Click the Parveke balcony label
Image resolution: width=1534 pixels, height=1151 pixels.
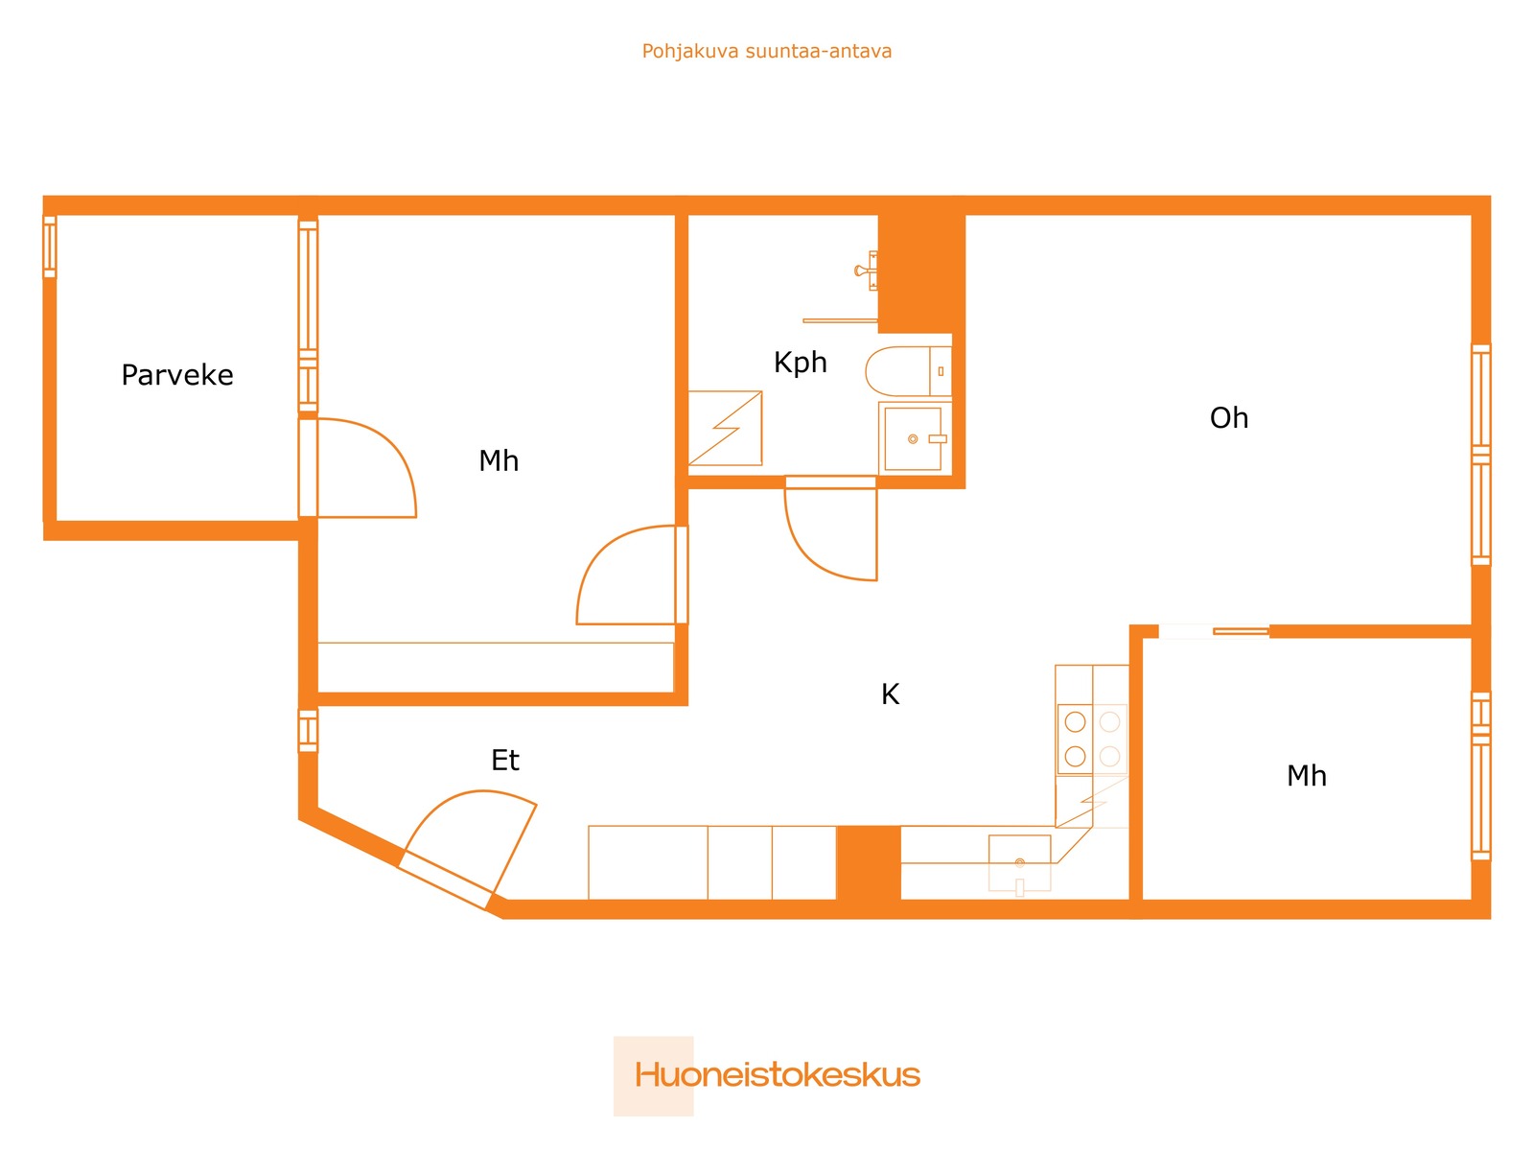click(x=176, y=375)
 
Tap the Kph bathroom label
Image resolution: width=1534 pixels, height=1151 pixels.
click(x=800, y=363)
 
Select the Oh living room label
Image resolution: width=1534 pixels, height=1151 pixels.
click(x=1228, y=418)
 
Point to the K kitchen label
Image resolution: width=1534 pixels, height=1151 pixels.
click(x=890, y=693)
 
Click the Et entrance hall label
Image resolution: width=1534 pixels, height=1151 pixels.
click(x=504, y=761)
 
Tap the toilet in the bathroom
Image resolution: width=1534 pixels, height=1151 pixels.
click(x=908, y=371)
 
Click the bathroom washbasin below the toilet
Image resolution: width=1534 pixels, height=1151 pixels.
click(x=913, y=439)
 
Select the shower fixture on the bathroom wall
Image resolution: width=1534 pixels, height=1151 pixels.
click(x=867, y=270)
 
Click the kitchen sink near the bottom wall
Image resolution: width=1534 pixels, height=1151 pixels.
click(x=1019, y=864)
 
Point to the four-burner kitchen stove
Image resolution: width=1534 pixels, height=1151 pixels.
click(x=1092, y=739)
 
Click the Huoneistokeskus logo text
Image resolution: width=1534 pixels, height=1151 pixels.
click(x=778, y=1075)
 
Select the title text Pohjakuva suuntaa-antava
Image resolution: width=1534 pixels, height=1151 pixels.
click(x=767, y=51)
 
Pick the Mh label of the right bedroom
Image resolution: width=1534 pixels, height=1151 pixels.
click(x=1306, y=776)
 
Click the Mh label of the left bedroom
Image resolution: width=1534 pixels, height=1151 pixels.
click(x=499, y=461)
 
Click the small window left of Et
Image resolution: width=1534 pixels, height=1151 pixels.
click(x=308, y=731)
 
